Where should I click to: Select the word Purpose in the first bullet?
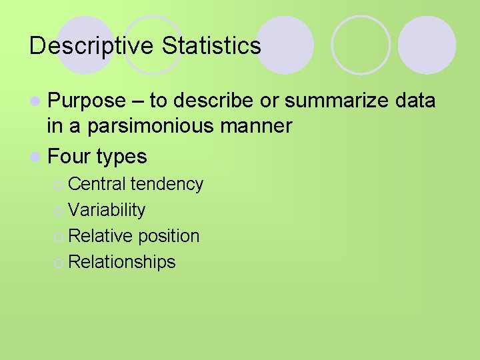[87, 101]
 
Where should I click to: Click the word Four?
[69, 157]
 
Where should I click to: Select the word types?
[121, 157]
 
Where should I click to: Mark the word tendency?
[167, 184]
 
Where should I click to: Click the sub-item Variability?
[107, 210]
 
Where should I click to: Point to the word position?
[169, 236]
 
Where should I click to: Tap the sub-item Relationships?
[122, 262]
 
